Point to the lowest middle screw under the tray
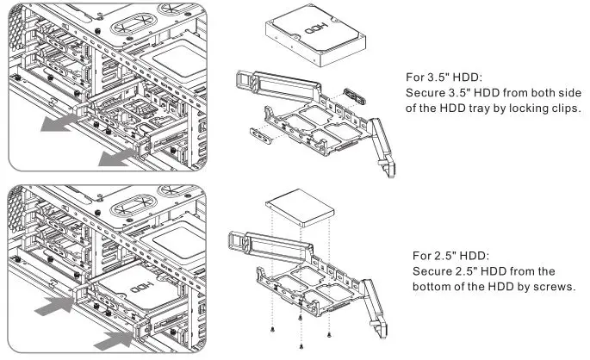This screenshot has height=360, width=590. tap(300, 346)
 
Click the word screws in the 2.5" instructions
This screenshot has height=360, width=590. tap(553, 285)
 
